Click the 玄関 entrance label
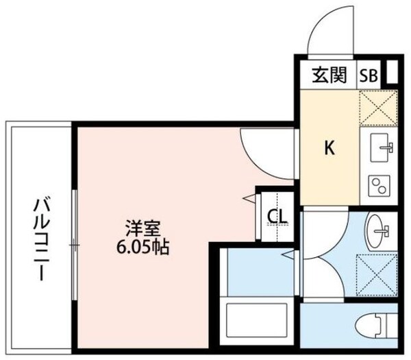coord(330,73)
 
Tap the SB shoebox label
coord(369,74)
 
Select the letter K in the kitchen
coord(329,148)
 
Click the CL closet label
coord(278,217)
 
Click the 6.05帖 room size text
coord(140,246)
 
